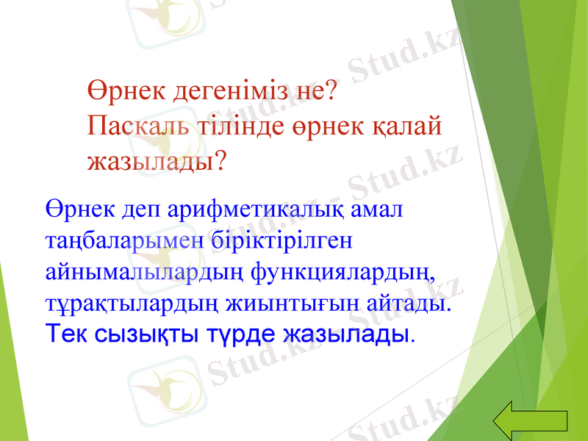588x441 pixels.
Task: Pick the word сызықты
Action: tap(146, 334)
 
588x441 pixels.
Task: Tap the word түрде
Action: tap(245, 334)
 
